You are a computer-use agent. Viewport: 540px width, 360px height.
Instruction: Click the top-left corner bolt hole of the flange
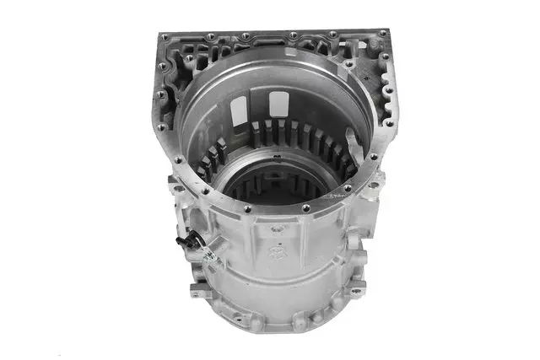click(x=164, y=37)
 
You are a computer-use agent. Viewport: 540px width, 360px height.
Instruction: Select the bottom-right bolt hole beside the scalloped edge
click(x=389, y=121)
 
